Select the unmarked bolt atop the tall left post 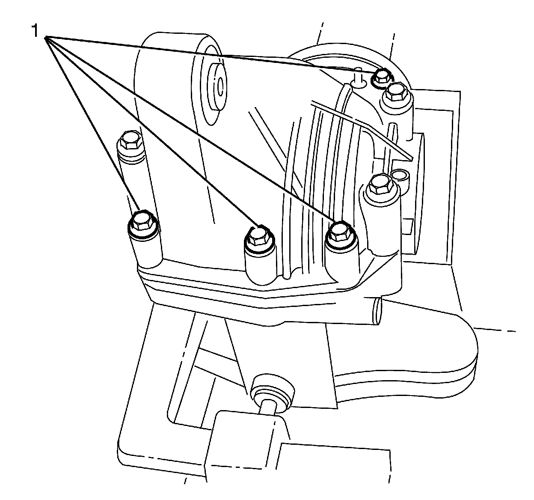(x=130, y=141)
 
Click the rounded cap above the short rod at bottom (x=273, y=389)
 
